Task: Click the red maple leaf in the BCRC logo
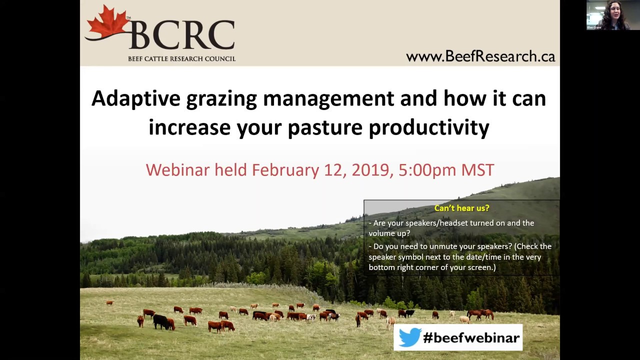107,24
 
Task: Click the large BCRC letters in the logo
182,35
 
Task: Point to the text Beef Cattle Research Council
181,58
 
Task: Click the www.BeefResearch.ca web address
480,56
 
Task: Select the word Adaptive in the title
135,98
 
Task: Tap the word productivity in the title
428,128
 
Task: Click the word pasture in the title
324,128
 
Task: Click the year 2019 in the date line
370,170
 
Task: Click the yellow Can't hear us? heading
461,208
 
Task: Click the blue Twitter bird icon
409,337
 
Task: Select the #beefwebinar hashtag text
471,338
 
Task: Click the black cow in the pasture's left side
161,321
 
